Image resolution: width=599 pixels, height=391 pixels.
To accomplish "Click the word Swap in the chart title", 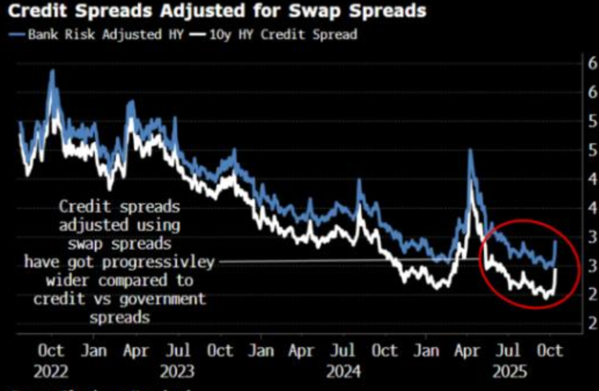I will [315, 11].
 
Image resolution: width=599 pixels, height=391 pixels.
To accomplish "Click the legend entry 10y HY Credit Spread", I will [280, 35].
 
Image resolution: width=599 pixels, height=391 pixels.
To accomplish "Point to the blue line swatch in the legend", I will [18, 35].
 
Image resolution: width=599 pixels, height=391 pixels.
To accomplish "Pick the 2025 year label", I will [509, 372].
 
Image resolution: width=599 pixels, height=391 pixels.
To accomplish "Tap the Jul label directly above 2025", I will [509, 351].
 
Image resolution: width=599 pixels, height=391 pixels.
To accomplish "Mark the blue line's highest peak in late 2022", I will [52, 71].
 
